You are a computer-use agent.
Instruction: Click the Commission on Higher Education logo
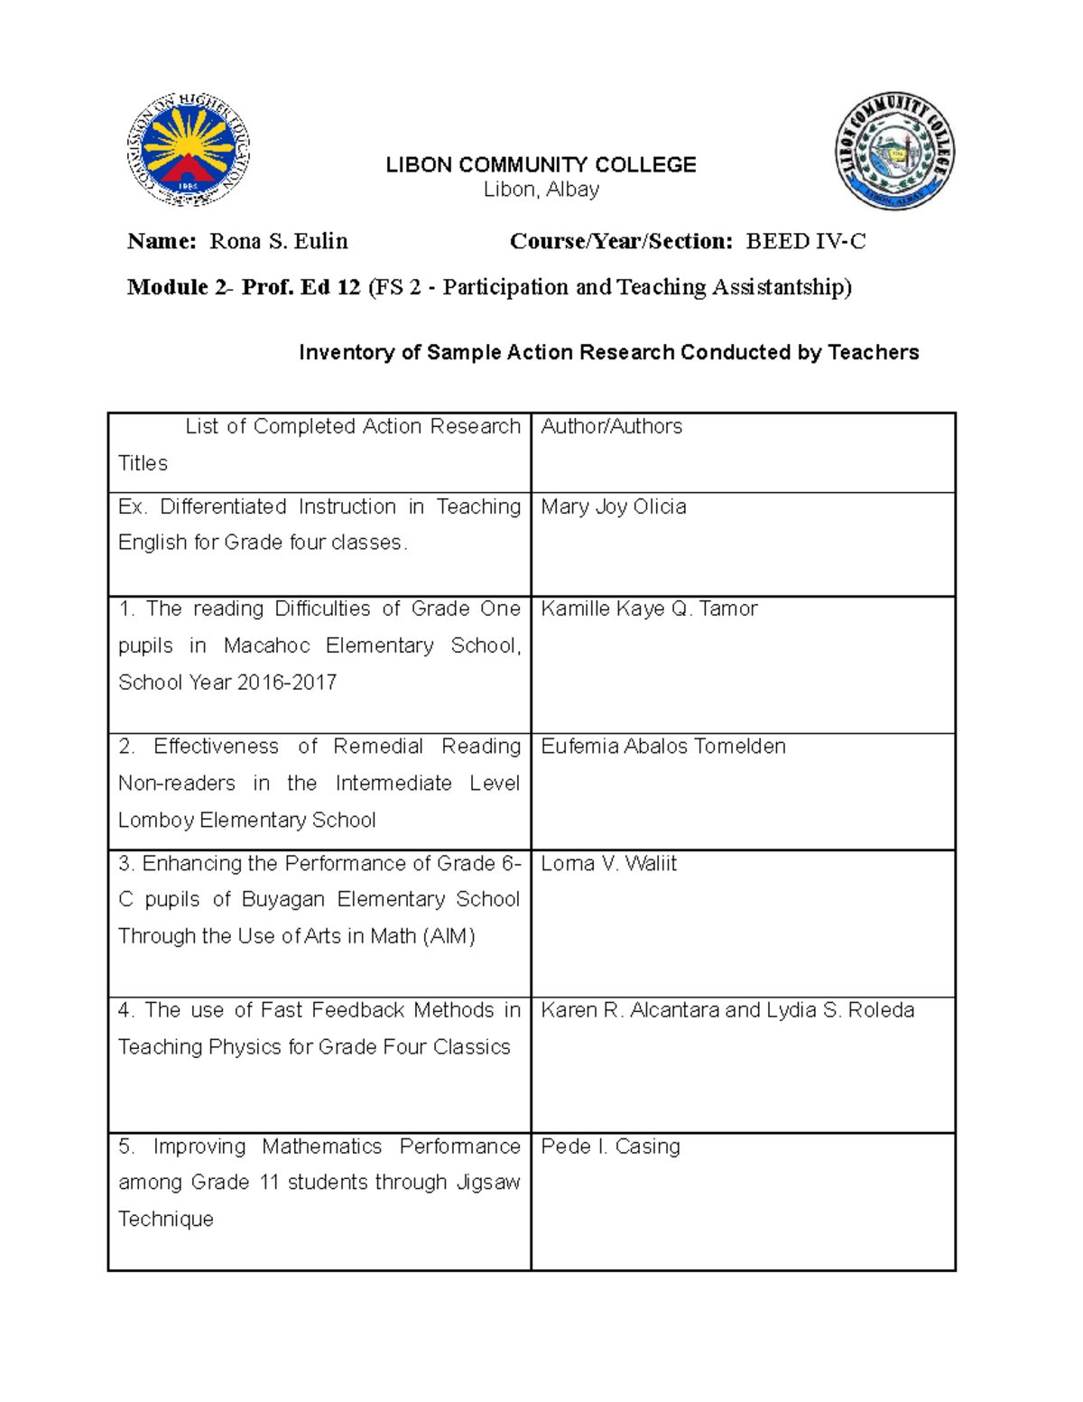(188, 150)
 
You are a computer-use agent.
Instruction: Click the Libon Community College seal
(893, 151)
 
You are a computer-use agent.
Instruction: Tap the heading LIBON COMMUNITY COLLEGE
(541, 165)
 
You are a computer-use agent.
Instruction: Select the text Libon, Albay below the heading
(541, 190)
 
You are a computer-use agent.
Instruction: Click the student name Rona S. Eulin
(278, 241)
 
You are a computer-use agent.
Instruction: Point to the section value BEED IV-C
(805, 241)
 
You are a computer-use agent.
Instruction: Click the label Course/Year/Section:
(621, 241)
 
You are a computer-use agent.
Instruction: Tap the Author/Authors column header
(611, 426)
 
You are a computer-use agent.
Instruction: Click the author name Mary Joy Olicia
(613, 506)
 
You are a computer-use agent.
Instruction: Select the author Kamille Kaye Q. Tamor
(649, 608)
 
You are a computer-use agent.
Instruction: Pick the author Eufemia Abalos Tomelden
(662, 746)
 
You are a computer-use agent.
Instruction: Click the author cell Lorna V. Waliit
(608, 863)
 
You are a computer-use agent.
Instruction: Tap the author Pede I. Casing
(610, 1146)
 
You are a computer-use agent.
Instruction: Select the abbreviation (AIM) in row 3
(449, 936)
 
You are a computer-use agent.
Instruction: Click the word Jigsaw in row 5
(488, 1182)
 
